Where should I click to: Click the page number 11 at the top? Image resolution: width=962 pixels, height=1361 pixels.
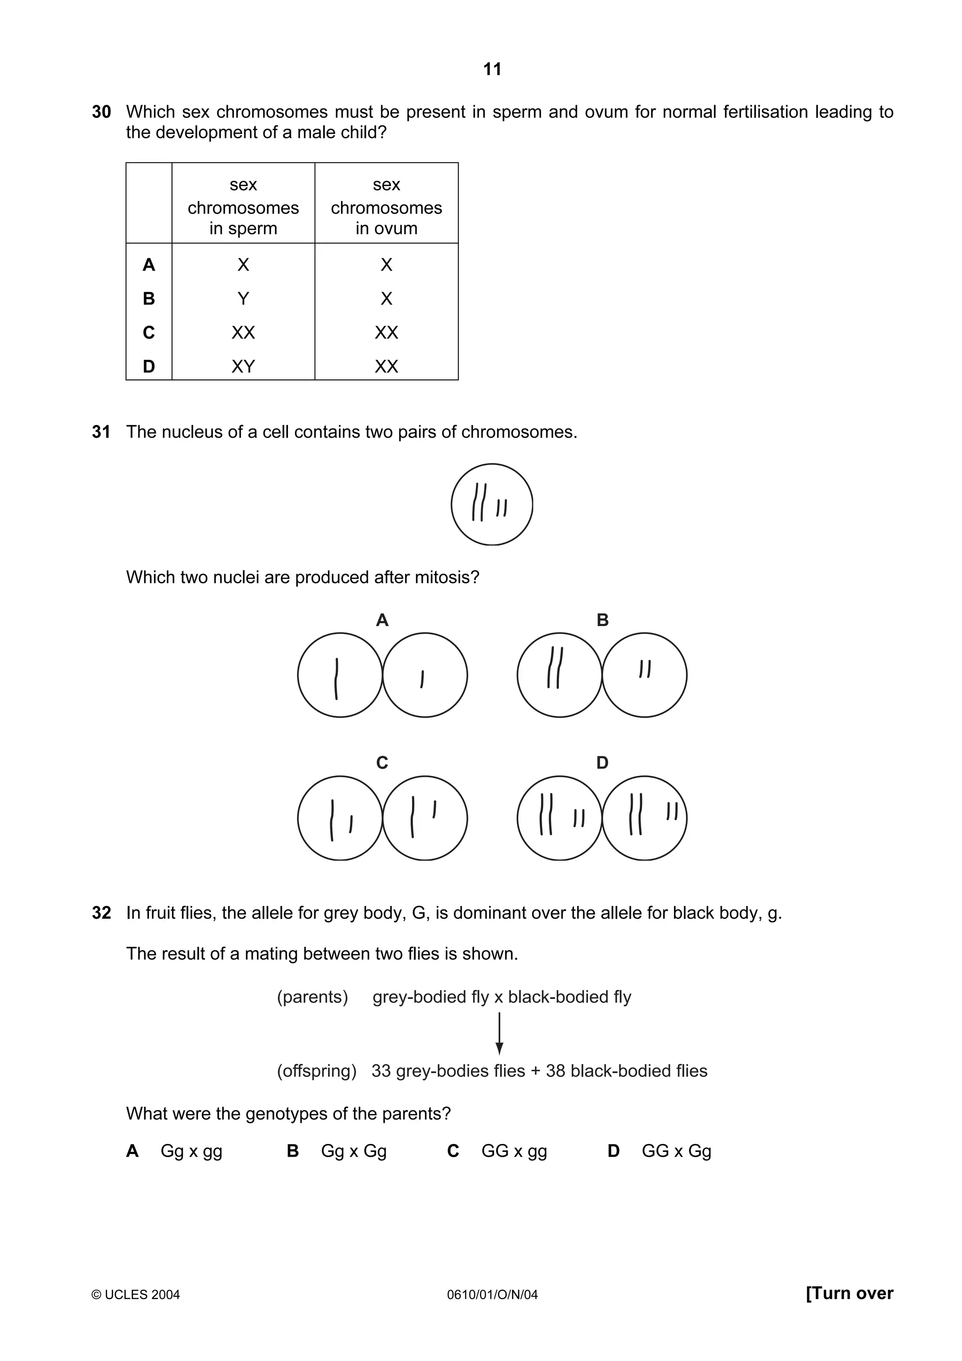pyautogui.click(x=492, y=70)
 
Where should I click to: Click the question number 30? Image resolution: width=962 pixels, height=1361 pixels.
pyautogui.click(x=101, y=112)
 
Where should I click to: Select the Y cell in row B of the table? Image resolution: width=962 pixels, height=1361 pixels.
pyautogui.click(x=243, y=299)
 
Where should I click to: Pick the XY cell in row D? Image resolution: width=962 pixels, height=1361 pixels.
pyautogui.click(x=243, y=366)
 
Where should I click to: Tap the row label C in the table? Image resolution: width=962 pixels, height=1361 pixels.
pyautogui.click(x=149, y=333)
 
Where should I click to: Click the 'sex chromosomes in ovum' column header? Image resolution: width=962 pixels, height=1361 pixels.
pyautogui.click(x=387, y=206)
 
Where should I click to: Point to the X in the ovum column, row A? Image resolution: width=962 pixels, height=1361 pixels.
pyautogui.click(x=387, y=265)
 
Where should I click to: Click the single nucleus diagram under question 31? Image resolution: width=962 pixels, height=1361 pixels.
pyautogui.click(x=491, y=504)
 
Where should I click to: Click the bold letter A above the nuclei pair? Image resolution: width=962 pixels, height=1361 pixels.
pyautogui.click(x=382, y=620)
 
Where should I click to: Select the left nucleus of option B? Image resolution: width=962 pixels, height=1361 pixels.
pyautogui.click(x=559, y=675)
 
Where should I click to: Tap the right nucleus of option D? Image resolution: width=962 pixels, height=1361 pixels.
pyautogui.click(x=645, y=818)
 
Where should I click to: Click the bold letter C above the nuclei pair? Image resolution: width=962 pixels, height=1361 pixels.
pyautogui.click(x=382, y=762)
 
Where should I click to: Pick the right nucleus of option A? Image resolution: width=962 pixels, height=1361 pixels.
pyautogui.click(x=425, y=675)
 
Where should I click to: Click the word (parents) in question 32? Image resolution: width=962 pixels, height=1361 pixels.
pyautogui.click(x=312, y=997)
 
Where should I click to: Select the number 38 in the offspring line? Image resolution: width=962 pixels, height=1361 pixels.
pyautogui.click(x=555, y=1071)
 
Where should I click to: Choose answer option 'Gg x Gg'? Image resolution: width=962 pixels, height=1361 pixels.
pyautogui.click(x=354, y=1151)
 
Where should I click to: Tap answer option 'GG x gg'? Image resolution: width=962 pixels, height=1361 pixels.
pyautogui.click(x=514, y=1151)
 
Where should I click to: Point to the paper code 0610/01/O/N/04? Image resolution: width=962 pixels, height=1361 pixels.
pyautogui.click(x=492, y=1295)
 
